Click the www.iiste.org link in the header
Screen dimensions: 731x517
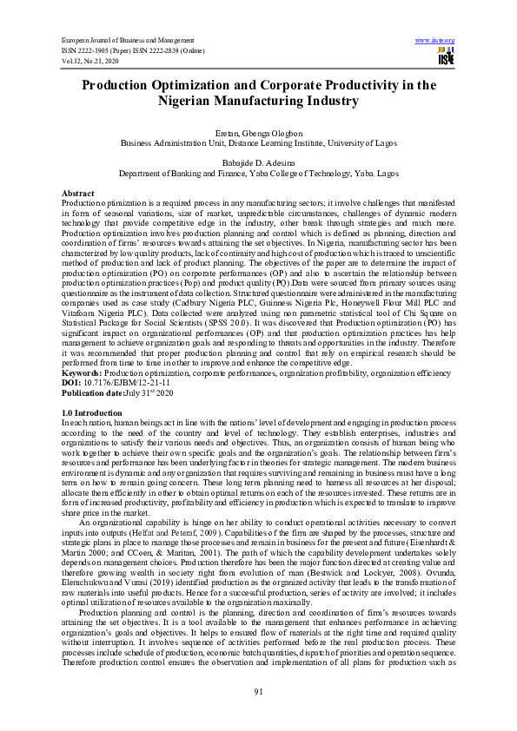pos(435,41)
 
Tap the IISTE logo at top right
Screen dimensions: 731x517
pos(446,56)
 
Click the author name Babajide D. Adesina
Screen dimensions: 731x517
pos(258,163)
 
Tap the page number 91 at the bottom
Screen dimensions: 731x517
pos(258,691)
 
